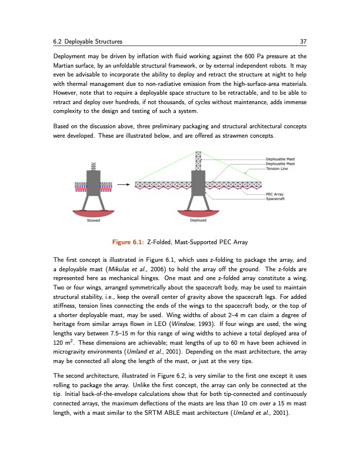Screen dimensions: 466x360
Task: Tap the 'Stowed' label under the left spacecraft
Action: tap(93, 221)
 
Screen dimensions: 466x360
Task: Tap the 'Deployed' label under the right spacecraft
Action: tap(198, 221)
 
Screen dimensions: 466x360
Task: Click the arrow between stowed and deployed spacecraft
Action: tap(123, 184)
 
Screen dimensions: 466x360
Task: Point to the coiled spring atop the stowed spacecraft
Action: tap(93, 165)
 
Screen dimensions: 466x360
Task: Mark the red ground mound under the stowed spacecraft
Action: tap(93, 213)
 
